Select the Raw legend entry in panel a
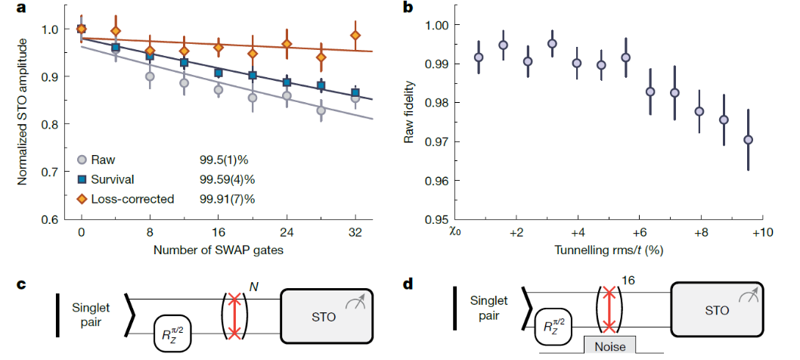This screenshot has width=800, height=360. [x=104, y=160]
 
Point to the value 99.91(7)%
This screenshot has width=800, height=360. [x=227, y=199]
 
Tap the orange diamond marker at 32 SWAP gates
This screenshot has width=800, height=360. [x=355, y=36]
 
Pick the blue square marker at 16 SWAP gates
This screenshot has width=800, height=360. [x=218, y=73]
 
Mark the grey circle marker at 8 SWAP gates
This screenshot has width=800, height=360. [x=150, y=76]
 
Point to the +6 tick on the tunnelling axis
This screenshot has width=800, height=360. [x=640, y=232]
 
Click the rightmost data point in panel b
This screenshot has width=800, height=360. [x=748, y=139]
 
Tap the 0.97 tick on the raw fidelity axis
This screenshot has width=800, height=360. [x=438, y=141]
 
